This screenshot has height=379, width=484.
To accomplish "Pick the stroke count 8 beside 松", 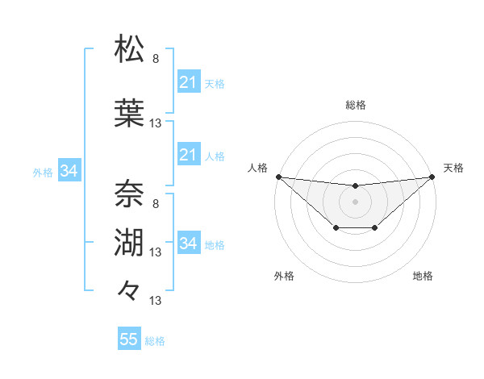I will (156, 59).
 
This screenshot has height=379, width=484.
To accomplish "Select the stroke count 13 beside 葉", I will (156, 123).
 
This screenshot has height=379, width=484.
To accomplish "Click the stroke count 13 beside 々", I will (156, 301).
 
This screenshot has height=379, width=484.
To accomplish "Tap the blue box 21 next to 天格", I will (188, 82).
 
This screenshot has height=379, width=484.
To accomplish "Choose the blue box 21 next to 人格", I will (188, 155).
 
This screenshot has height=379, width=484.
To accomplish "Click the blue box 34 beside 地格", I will (188, 244).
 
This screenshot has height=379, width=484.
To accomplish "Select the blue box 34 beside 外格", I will (69, 171).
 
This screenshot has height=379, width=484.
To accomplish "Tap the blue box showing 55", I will (129, 339).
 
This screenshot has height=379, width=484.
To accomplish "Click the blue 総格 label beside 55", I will (155, 341).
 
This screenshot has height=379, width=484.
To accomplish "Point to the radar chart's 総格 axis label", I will (356, 105).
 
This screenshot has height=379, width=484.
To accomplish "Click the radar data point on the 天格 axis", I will (433, 177).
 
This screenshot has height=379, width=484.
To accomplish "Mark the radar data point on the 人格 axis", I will (278, 177).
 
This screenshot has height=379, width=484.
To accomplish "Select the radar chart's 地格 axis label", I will (423, 277).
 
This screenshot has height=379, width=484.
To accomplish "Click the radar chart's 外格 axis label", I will (284, 277).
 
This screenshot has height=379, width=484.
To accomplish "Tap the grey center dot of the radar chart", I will (356, 202).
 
